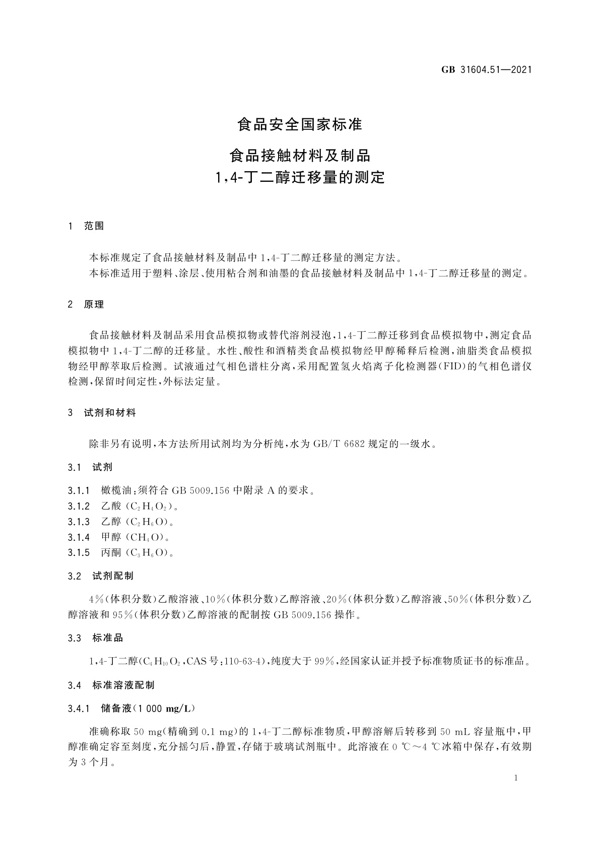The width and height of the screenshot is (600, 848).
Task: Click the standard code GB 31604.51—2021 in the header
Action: click(486, 70)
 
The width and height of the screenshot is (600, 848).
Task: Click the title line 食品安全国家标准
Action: click(300, 124)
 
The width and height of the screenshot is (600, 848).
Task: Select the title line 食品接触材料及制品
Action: click(300, 155)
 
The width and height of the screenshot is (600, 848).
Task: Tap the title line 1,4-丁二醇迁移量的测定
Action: click(300, 177)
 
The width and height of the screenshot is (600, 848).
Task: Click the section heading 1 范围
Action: click(86, 226)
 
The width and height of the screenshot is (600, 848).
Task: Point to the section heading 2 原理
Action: click(86, 304)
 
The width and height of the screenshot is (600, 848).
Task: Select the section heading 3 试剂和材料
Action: click(102, 413)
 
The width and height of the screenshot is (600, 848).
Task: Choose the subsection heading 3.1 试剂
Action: click(90, 467)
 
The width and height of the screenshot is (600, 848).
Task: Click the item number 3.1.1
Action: click(79, 490)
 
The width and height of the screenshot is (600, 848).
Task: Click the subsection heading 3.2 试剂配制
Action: click(101, 576)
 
